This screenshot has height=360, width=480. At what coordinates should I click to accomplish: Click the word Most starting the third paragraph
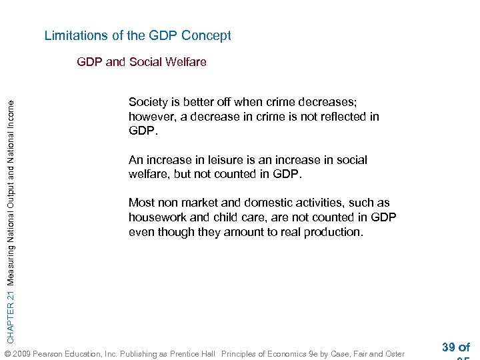point(141,203)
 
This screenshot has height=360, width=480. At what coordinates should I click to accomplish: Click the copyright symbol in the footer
point(8,354)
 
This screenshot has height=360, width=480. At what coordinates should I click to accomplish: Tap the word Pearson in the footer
point(53,354)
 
